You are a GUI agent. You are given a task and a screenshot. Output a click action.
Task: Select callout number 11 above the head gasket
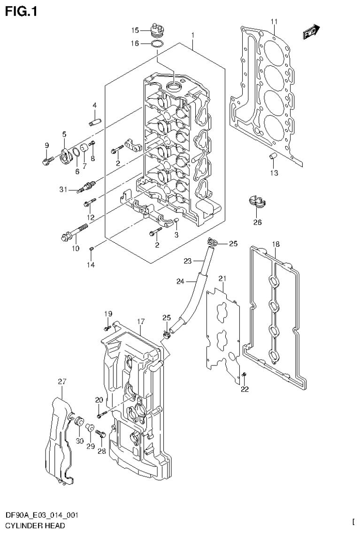(274, 22)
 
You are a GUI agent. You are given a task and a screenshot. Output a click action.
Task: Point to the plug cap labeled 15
(157, 30)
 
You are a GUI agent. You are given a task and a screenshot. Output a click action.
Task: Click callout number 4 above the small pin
(94, 105)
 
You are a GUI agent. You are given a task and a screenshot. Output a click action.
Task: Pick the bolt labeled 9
(46, 162)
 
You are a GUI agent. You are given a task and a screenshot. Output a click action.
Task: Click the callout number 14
(90, 265)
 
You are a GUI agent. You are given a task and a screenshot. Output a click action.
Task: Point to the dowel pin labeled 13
(272, 156)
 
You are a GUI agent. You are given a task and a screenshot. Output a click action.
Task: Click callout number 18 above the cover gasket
(276, 244)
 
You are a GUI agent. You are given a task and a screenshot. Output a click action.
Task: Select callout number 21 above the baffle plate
(222, 279)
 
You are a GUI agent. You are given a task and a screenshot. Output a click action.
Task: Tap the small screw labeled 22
(245, 374)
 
